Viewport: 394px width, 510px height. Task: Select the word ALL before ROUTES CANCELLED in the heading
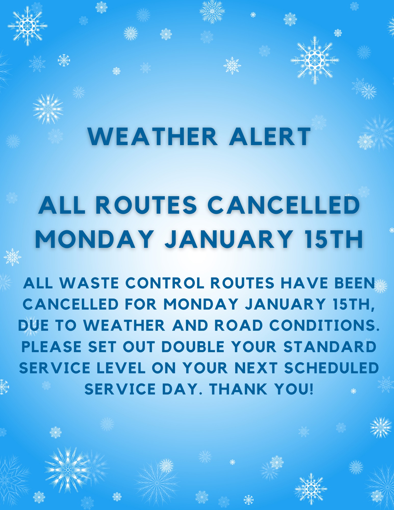(x=61, y=205)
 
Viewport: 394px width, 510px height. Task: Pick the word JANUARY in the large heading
(x=229, y=239)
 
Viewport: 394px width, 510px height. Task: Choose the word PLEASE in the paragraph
(x=51, y=347)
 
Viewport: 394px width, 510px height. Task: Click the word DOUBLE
(x=193, y=347)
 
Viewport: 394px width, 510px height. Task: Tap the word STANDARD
(x=330, y=347)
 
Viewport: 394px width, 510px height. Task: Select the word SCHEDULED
(x=332, y=368)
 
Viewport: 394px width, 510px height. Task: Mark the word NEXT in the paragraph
(x=256, y=368)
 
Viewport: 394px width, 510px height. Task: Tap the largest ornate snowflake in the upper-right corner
(x=315, y=60)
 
